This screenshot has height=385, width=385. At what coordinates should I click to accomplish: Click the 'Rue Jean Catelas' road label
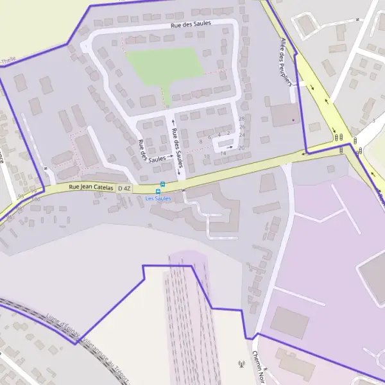pyautogui.click(x=91, y=187)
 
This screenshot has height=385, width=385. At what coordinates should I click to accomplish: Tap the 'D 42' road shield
pyautogui.click(x=124, y=188)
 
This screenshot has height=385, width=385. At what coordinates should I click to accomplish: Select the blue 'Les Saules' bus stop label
pyautogui.click(x=158, y=198)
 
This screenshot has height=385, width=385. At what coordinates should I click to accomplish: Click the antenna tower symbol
pyautogui.click(x=241, y=365)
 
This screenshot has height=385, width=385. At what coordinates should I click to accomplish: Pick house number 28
pyautogui.click(x=242, y=119)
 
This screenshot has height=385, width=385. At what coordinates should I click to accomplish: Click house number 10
pyautogui.click(x=207, y=156)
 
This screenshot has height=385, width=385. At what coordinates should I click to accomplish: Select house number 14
pyautogui.click(x=223, y=153)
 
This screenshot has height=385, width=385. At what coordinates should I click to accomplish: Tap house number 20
pyautogui.click(x=241, y=148)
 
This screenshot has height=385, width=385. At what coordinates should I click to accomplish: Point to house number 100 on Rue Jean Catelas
pyautogui.click(x=35, y=199)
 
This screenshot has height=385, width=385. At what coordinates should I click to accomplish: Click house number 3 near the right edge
pyautogui.click(x=373, y=120)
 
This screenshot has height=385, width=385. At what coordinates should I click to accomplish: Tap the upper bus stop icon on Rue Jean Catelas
pyautogui.click(x=162, y=184)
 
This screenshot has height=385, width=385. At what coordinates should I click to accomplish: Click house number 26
pyautogui.click(x=242, y=127)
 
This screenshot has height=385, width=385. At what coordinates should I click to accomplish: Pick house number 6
pyautogui.click(x=210, y=137)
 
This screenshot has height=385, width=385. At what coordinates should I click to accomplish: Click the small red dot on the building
pyautogui.click(x=294, y=119)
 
